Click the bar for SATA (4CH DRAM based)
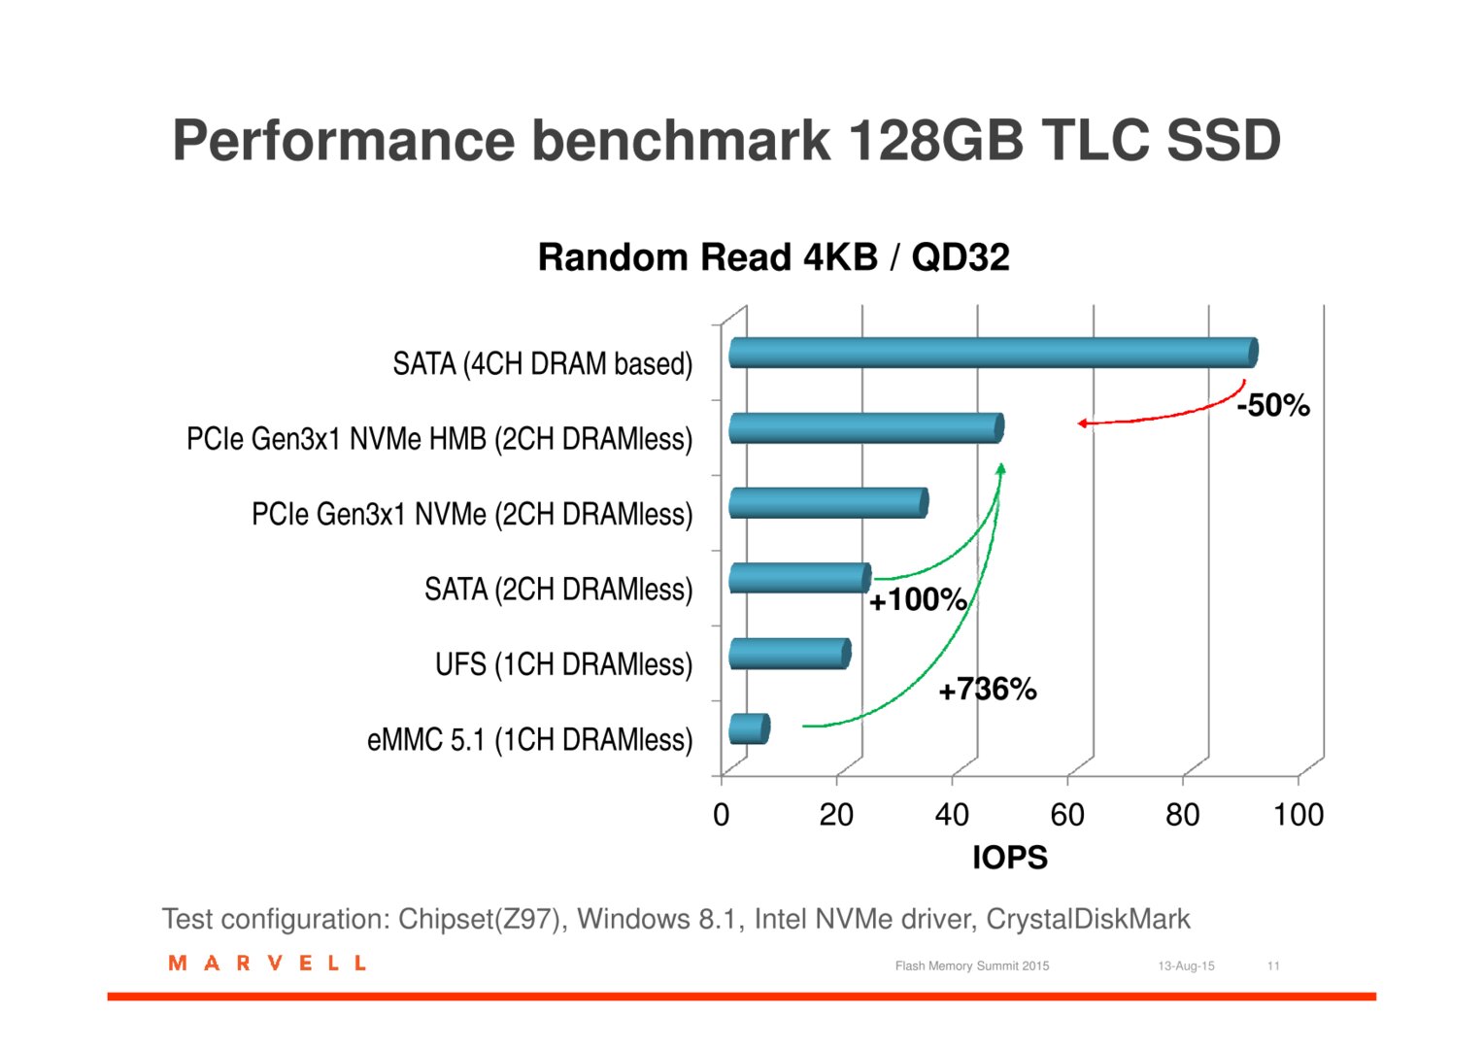point(994,353)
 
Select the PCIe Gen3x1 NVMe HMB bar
point(866,428)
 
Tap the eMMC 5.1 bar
point(750,728)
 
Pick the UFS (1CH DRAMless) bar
point(790,654)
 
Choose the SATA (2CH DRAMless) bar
point(799,579)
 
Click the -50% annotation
point(1272,405)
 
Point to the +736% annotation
point(987,690)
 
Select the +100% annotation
point(918,599)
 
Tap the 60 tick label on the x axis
point(1067,814)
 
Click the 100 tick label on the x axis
point(1298,814)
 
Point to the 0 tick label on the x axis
point(721,814)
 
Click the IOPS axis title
point(1010,858)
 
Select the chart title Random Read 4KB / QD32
point(773,257)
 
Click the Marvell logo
point(267,963)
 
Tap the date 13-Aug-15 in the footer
point(1186,966)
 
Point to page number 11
point(1272,966)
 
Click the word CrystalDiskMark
point(1088,919)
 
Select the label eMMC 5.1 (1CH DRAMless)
point(529,739)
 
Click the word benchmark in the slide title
point(681,141)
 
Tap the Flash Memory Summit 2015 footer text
point(972,966)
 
